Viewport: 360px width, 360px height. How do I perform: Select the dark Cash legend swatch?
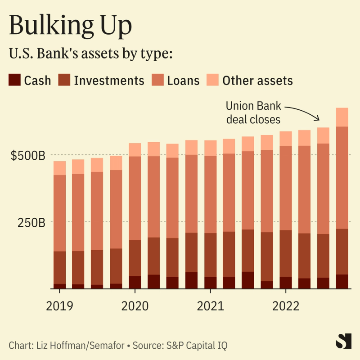pyautogui.click(x=14, y=80)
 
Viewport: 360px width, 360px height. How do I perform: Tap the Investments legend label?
pyautogui.click(x=109, y=81)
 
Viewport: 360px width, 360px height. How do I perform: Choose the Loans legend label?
pyautogui.click(x=183, y=81)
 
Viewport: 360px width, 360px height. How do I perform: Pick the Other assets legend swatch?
pyautogui.click(x=212, y=80)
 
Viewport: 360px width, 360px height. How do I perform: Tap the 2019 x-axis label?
pyautogui.click(x=59, y=306)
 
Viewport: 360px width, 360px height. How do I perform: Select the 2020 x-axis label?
pyautogui.click(x=135, y=306)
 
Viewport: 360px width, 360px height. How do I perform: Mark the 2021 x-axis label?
pyautogui.click(x=211, y=306)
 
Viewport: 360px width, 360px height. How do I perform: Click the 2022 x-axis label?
pyautogui.click(x=286, y=306)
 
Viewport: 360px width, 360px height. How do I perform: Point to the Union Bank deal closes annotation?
pyautogui.click(x=253, y=113)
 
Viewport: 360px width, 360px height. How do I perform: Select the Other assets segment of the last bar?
pyautogui.click(x=342, y=117)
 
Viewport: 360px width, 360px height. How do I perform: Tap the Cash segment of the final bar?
pyautogui.click(x=342, y=281)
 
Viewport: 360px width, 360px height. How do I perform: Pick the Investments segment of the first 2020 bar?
pyautogui.click(x=135, y=258)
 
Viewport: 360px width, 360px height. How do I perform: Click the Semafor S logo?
pyautogui.click(x=343, y=341)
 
